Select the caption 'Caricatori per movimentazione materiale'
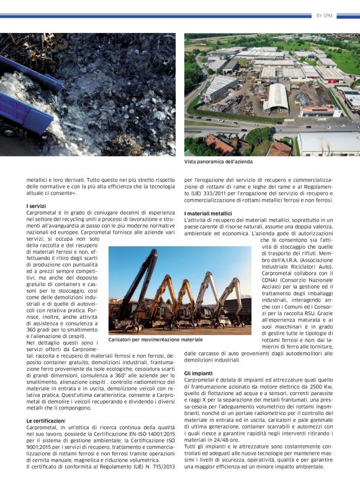click(155, 340)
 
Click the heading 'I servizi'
click(36, 206)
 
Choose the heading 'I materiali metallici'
click(208, 213)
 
